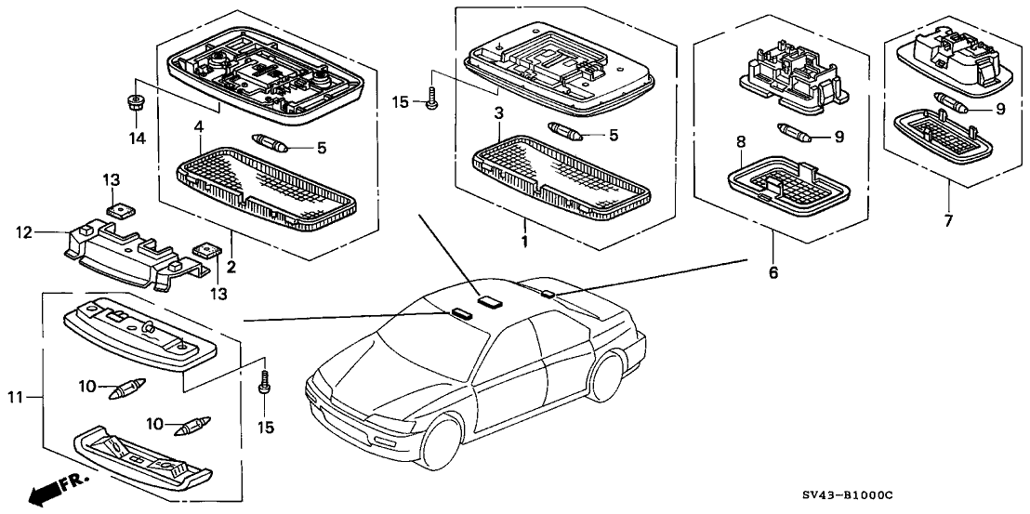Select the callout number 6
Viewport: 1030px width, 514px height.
click(772, 273)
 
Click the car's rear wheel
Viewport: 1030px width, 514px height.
click(606, 377)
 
